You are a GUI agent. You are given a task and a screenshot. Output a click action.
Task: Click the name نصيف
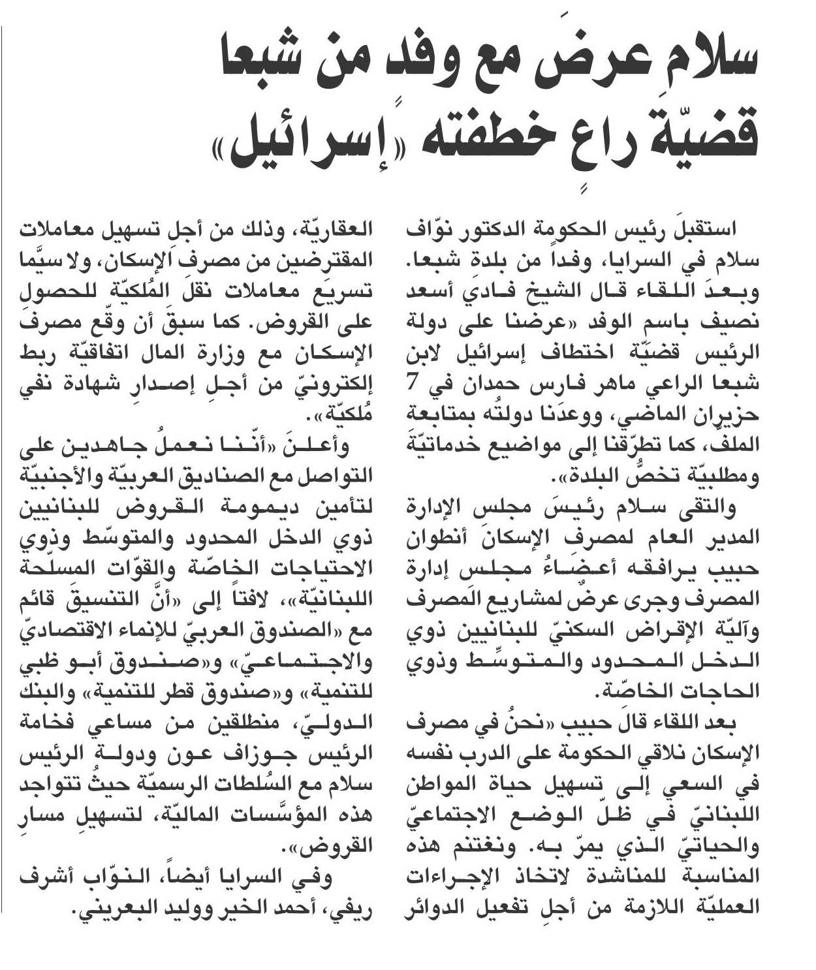pos(729,322)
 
